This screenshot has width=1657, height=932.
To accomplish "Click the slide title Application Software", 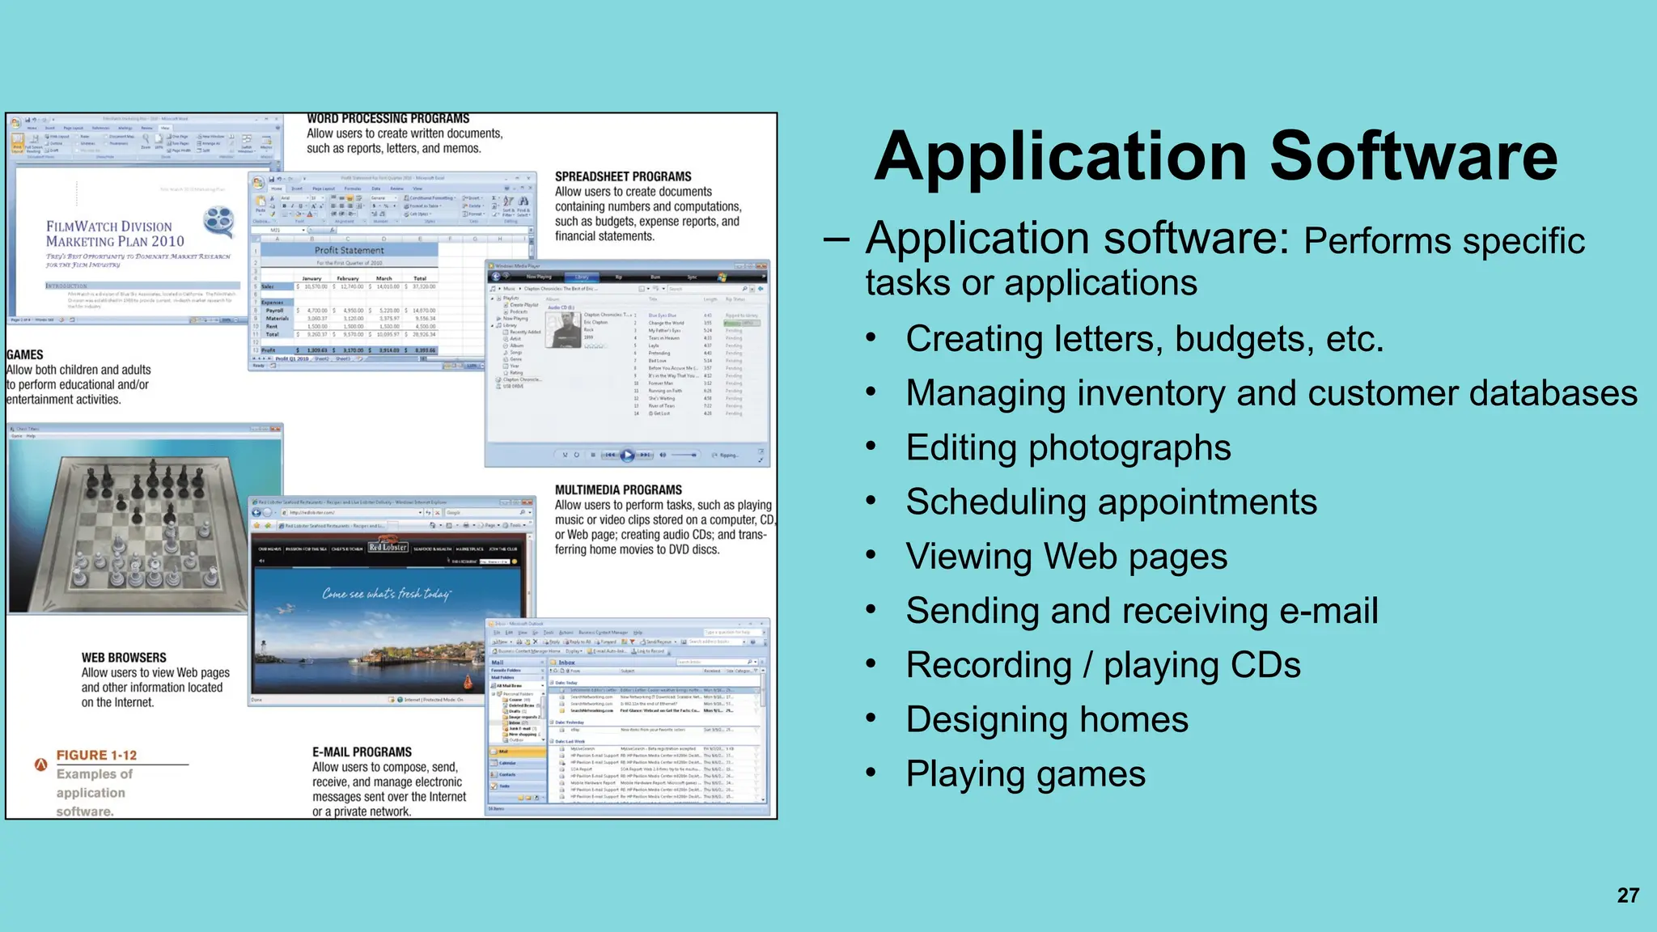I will click(1215, 156).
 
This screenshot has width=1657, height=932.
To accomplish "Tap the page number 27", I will click(1628, 896).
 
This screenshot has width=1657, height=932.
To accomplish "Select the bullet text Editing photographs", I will click(1068, 447).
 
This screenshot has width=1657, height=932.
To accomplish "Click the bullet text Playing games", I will click(1025, 774).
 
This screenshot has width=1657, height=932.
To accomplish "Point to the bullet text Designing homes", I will click(1047, 719).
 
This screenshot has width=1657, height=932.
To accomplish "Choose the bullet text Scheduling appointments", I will click(1111, 502).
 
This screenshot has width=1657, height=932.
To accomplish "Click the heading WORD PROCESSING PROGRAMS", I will click(388, 119).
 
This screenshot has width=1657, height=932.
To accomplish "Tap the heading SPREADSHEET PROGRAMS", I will click(623, 176).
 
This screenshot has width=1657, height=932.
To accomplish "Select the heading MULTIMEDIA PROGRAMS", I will click(618, 490).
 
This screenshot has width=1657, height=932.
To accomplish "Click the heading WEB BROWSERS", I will click(124, 658).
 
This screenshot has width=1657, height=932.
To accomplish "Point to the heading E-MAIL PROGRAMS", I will click(362, 752).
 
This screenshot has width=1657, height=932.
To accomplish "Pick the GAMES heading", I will click(25, 354).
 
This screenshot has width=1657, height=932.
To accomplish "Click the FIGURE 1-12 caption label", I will click(96, 755).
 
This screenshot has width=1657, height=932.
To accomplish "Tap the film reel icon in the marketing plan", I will click(218, 220).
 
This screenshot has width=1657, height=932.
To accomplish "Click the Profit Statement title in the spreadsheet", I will click(350, 251).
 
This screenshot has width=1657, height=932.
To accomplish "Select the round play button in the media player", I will click(627, 455).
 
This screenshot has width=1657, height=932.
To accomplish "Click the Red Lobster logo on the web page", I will click(388, 547).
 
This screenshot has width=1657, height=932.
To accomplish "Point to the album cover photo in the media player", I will click(564, 329).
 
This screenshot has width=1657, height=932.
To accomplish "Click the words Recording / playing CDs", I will click(1103, 665).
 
